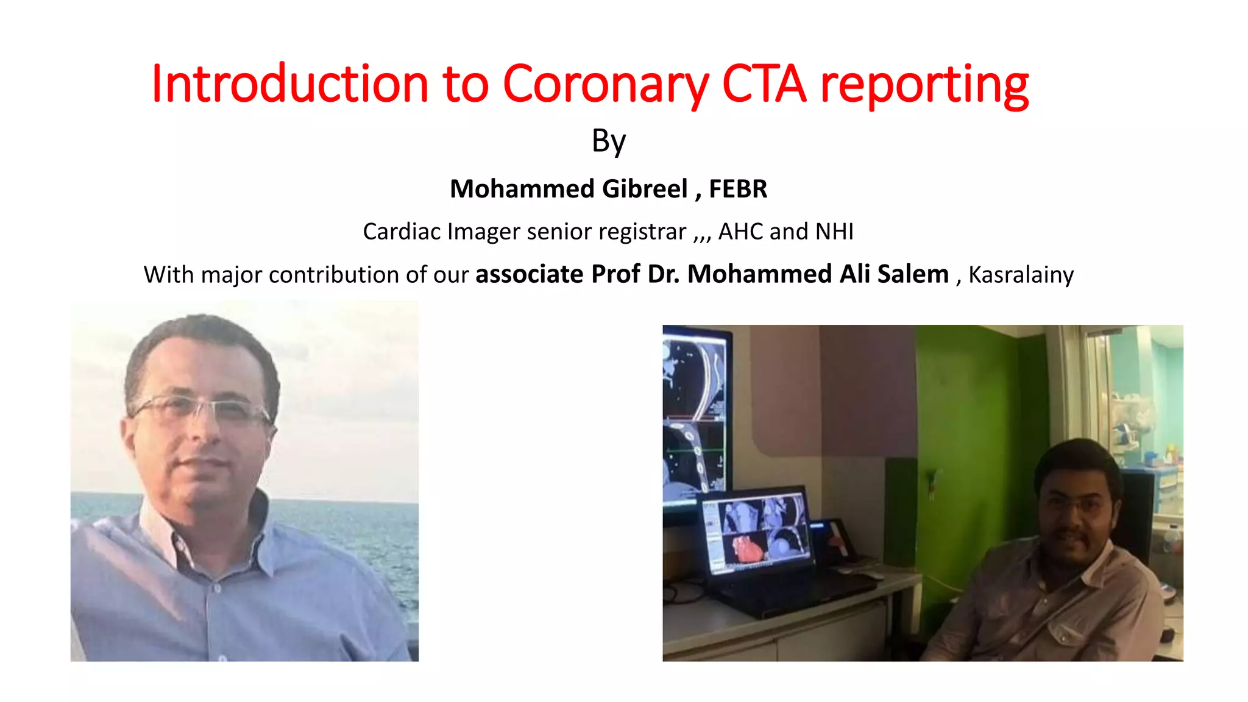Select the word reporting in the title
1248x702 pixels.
[x=924, y=85]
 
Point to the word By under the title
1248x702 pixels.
[x=609, y=142]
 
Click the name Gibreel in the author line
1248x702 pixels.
[x=645, y=189]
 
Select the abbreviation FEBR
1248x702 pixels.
[x=738, y=189]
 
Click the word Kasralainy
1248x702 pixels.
[x=1021, y=275]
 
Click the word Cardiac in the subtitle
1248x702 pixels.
[x=402, y=232]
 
